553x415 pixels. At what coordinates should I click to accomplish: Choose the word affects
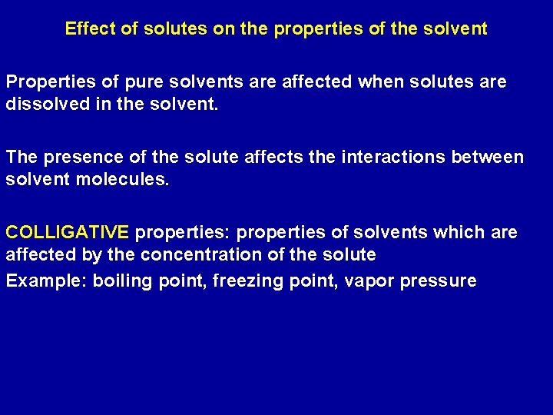click(258, 157)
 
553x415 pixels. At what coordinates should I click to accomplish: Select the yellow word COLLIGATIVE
click(68, 232)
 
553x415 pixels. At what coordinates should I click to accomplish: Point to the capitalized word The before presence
click(22, 157)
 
